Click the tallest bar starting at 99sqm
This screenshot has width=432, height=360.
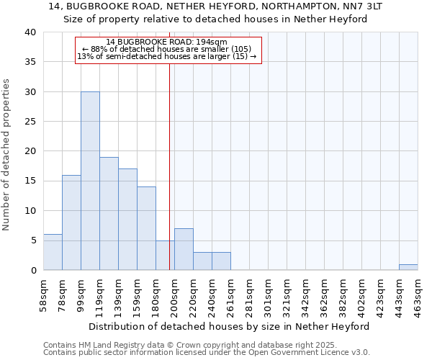point(90,181)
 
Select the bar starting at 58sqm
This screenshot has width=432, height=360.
point(53,252)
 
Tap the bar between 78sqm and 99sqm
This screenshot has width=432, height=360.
point(71,222)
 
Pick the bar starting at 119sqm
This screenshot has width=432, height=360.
point(109,214)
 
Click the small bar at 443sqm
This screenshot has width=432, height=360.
point(408,267)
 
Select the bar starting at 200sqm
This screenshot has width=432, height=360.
point(184,249)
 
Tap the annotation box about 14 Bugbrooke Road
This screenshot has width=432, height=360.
point(168,50)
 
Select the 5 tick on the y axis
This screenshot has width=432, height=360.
point(33,240)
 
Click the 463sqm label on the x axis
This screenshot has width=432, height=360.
point(418,296)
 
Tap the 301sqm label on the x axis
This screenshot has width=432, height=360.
point(268,296)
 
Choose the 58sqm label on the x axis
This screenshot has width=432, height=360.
point(43,296)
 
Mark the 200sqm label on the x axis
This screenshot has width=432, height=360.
point(174,296)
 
